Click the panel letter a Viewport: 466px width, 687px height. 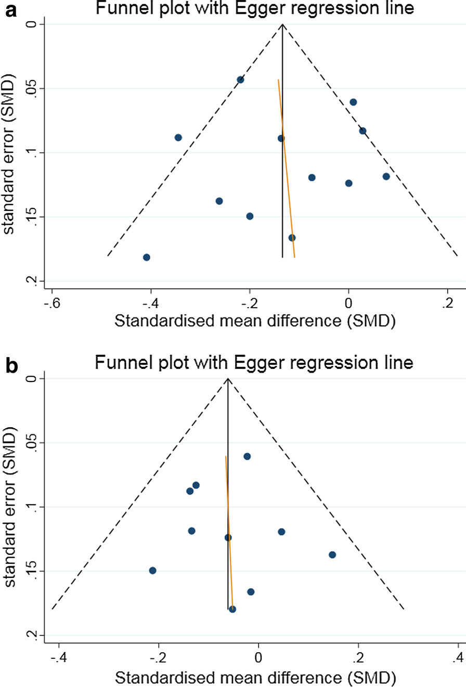8,10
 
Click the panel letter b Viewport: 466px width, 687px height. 8,364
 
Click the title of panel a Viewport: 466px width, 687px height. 254,9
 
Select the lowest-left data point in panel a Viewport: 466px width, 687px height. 147,257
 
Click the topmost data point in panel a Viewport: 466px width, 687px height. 240,80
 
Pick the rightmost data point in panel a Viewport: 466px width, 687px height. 386,176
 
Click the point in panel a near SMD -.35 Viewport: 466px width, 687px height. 178,137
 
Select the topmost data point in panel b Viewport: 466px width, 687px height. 247,456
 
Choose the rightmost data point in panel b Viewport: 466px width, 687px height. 332,554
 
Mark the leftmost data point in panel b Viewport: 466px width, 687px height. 152,570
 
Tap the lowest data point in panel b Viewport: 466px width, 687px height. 232,609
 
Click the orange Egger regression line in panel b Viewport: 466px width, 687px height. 228,530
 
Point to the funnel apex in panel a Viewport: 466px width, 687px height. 282,24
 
